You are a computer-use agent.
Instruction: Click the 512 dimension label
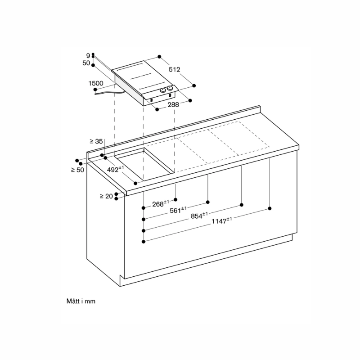pyautogui.click(x=175, y=69)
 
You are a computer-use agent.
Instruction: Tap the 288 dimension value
pyautogui.click(x=173, y=105)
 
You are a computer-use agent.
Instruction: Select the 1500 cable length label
pyautogui.click(x=96, y=83)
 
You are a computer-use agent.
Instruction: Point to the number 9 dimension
pyautogui.click(x=88, y=55)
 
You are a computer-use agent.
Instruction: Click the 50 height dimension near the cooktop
pyautogui.click(x=86, y=63)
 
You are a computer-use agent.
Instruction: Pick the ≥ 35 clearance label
pyautogui.click(x=96, y=141)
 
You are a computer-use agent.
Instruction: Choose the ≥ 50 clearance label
pyautogui.click(x=77, y=170)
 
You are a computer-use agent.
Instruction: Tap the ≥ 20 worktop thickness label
pyautogui.click(x=106, y=196)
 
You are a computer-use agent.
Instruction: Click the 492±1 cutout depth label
pyautogui.click(x=116, y=169)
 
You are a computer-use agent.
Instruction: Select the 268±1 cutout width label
pyautogui.click(x=161, y=203)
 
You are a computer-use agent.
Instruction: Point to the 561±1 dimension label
pyautogui.click(x=178, y=210)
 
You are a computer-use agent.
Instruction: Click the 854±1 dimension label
pyautogui.click(x=199, y=216)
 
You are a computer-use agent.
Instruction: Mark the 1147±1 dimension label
pyautogui.click(x=221, y=220)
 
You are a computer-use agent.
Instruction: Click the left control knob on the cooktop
pyautogui.click(x=163, y=90)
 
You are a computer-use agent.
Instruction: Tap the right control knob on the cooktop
pyautogui.click(x=170, y=88)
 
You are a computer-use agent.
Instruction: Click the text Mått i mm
pyautogui.click(x=81, y=301)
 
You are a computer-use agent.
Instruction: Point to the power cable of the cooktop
pyautogui.click(x=110, y=93)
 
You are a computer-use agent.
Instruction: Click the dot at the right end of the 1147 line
pyautogui.click(x=270, y=208)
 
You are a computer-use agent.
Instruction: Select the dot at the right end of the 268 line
pyautogui.click(x=175, y=200)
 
